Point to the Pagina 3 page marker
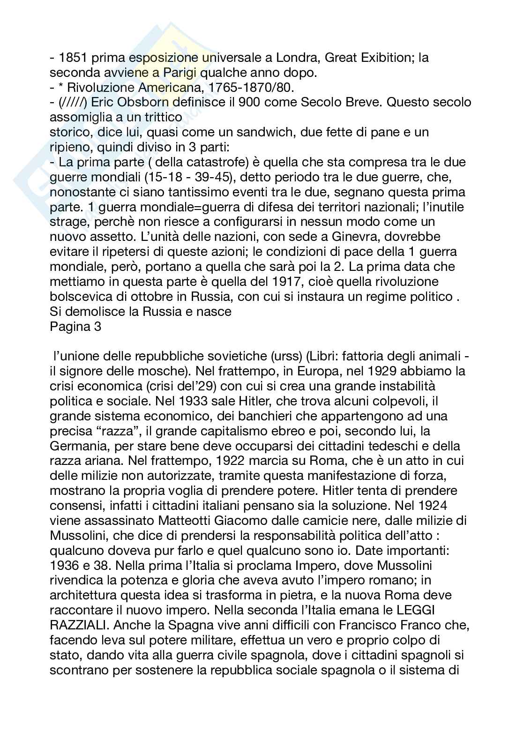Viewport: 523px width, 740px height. [75, 326]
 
